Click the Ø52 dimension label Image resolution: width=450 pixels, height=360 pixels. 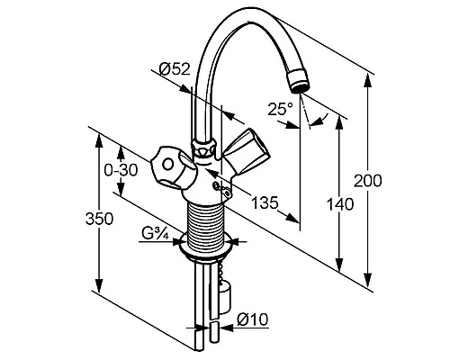tap(175, 69)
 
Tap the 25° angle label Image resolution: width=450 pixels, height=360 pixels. tap(280, 109)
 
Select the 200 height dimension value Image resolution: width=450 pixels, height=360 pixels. tap(368, 181)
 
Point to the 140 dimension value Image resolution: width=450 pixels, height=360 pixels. tap(340, 204)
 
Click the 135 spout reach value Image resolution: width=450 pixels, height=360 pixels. tap(265, 202)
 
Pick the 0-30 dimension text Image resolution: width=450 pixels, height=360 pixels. tap(121, 170)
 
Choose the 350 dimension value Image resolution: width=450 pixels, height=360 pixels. tap(99, 219)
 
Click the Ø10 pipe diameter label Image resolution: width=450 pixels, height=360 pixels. tap(252, 319)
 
